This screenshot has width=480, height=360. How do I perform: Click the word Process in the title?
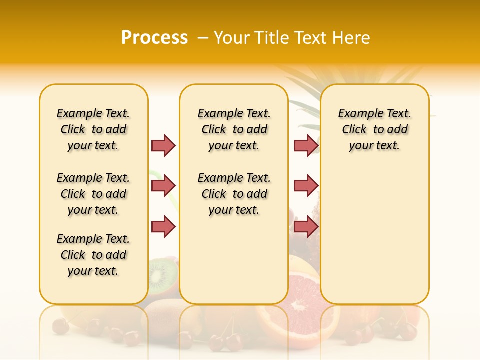(154, 37)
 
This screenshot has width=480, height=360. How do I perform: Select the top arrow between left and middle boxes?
(163, 145)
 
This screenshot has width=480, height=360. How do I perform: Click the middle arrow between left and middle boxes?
(163, 186)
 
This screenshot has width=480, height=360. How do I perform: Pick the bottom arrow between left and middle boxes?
(163, 226)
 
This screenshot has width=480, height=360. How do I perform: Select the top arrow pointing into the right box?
(306, 145)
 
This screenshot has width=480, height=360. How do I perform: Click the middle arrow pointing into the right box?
(306, 186)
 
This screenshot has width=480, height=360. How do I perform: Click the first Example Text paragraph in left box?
(93, 129)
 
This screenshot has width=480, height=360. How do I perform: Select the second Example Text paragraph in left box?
(93, 194)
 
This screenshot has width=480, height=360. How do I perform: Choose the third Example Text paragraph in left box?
(93, 255)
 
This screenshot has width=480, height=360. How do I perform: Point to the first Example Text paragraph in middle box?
(234, 129)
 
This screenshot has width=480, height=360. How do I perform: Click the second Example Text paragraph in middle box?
(234, 194)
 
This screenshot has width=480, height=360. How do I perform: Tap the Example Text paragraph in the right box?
(375, 129)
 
